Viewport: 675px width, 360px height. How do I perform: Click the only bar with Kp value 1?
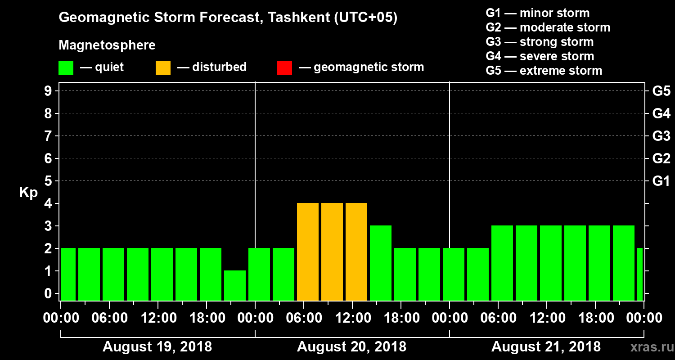pyautogui.click(x=235, y=285)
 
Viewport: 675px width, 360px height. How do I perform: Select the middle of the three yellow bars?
pyautogui.click(x=332, y=252)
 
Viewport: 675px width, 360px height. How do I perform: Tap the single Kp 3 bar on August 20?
pyautogui.click(x=381, y=263)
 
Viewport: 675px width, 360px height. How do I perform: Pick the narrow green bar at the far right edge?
pyautogui.click(x=640, y=274)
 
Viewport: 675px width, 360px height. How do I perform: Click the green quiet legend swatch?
pyautogui.click(x=66, y=68)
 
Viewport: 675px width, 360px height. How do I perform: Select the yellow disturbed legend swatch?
pyautogui.click(x=163, y=68)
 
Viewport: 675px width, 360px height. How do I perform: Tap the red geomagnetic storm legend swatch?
pyautogui.click(x=284, y=68)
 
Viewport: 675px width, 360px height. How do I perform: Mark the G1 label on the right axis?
pyautogui.click(x=661, y=181)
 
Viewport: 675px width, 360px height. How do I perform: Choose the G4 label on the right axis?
pyautogui.click(x=661, y=114)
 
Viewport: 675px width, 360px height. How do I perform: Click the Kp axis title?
pyautogui.click(x=28, y=193)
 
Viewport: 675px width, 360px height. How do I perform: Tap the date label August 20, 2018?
pyautogui.click(x=351, y=347)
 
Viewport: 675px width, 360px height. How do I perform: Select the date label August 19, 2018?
pyautogui.click(x=157, y=347)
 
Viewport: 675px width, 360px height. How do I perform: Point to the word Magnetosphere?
pyautogui.click(x=107, y=45)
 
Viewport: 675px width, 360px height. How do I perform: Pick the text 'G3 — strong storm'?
pyautogui.click(x=540, y=42)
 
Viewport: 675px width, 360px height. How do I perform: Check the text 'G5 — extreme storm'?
pyautogui.click(x=544, y=71)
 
